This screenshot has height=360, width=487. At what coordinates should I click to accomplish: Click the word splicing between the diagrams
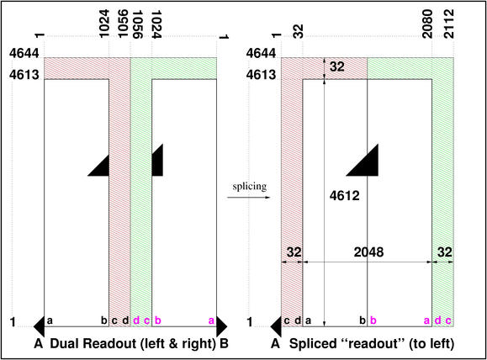(x=250, y=187)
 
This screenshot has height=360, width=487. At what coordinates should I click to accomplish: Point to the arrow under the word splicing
(x=249, y=197)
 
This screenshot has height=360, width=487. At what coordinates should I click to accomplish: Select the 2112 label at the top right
(x=449, y=24)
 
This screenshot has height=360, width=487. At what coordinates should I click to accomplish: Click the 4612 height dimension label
(x=345, y=196)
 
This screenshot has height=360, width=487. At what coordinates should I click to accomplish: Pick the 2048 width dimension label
(x=368, y=251)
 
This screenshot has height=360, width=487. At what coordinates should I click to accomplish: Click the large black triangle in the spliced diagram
(x=363, y=160)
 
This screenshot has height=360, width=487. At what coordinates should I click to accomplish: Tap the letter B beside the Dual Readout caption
(x=224, y=343)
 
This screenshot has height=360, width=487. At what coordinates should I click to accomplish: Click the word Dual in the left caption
(x=61, y=343)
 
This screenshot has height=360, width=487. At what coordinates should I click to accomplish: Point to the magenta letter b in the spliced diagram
(x=373, y=320)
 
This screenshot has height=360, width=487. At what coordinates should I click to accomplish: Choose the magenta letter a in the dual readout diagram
(x=211, y=320)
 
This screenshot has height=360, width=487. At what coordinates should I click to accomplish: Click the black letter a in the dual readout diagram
(x=50, y=320)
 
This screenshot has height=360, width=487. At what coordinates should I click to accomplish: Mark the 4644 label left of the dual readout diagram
(x=24, y=54)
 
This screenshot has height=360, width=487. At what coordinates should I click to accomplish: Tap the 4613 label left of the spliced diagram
(x=261, y=75)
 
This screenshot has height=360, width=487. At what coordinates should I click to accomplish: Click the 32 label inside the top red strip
(x=337, y=66)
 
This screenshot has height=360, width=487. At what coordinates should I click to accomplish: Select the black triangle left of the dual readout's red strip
(x=98, y=166)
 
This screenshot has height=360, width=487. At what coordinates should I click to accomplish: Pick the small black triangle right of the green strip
(x=157, y=160)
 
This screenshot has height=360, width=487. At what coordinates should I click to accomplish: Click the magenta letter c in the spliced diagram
(x=448, y=320)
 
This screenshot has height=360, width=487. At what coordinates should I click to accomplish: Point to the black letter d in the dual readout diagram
(x=125, y=320)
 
